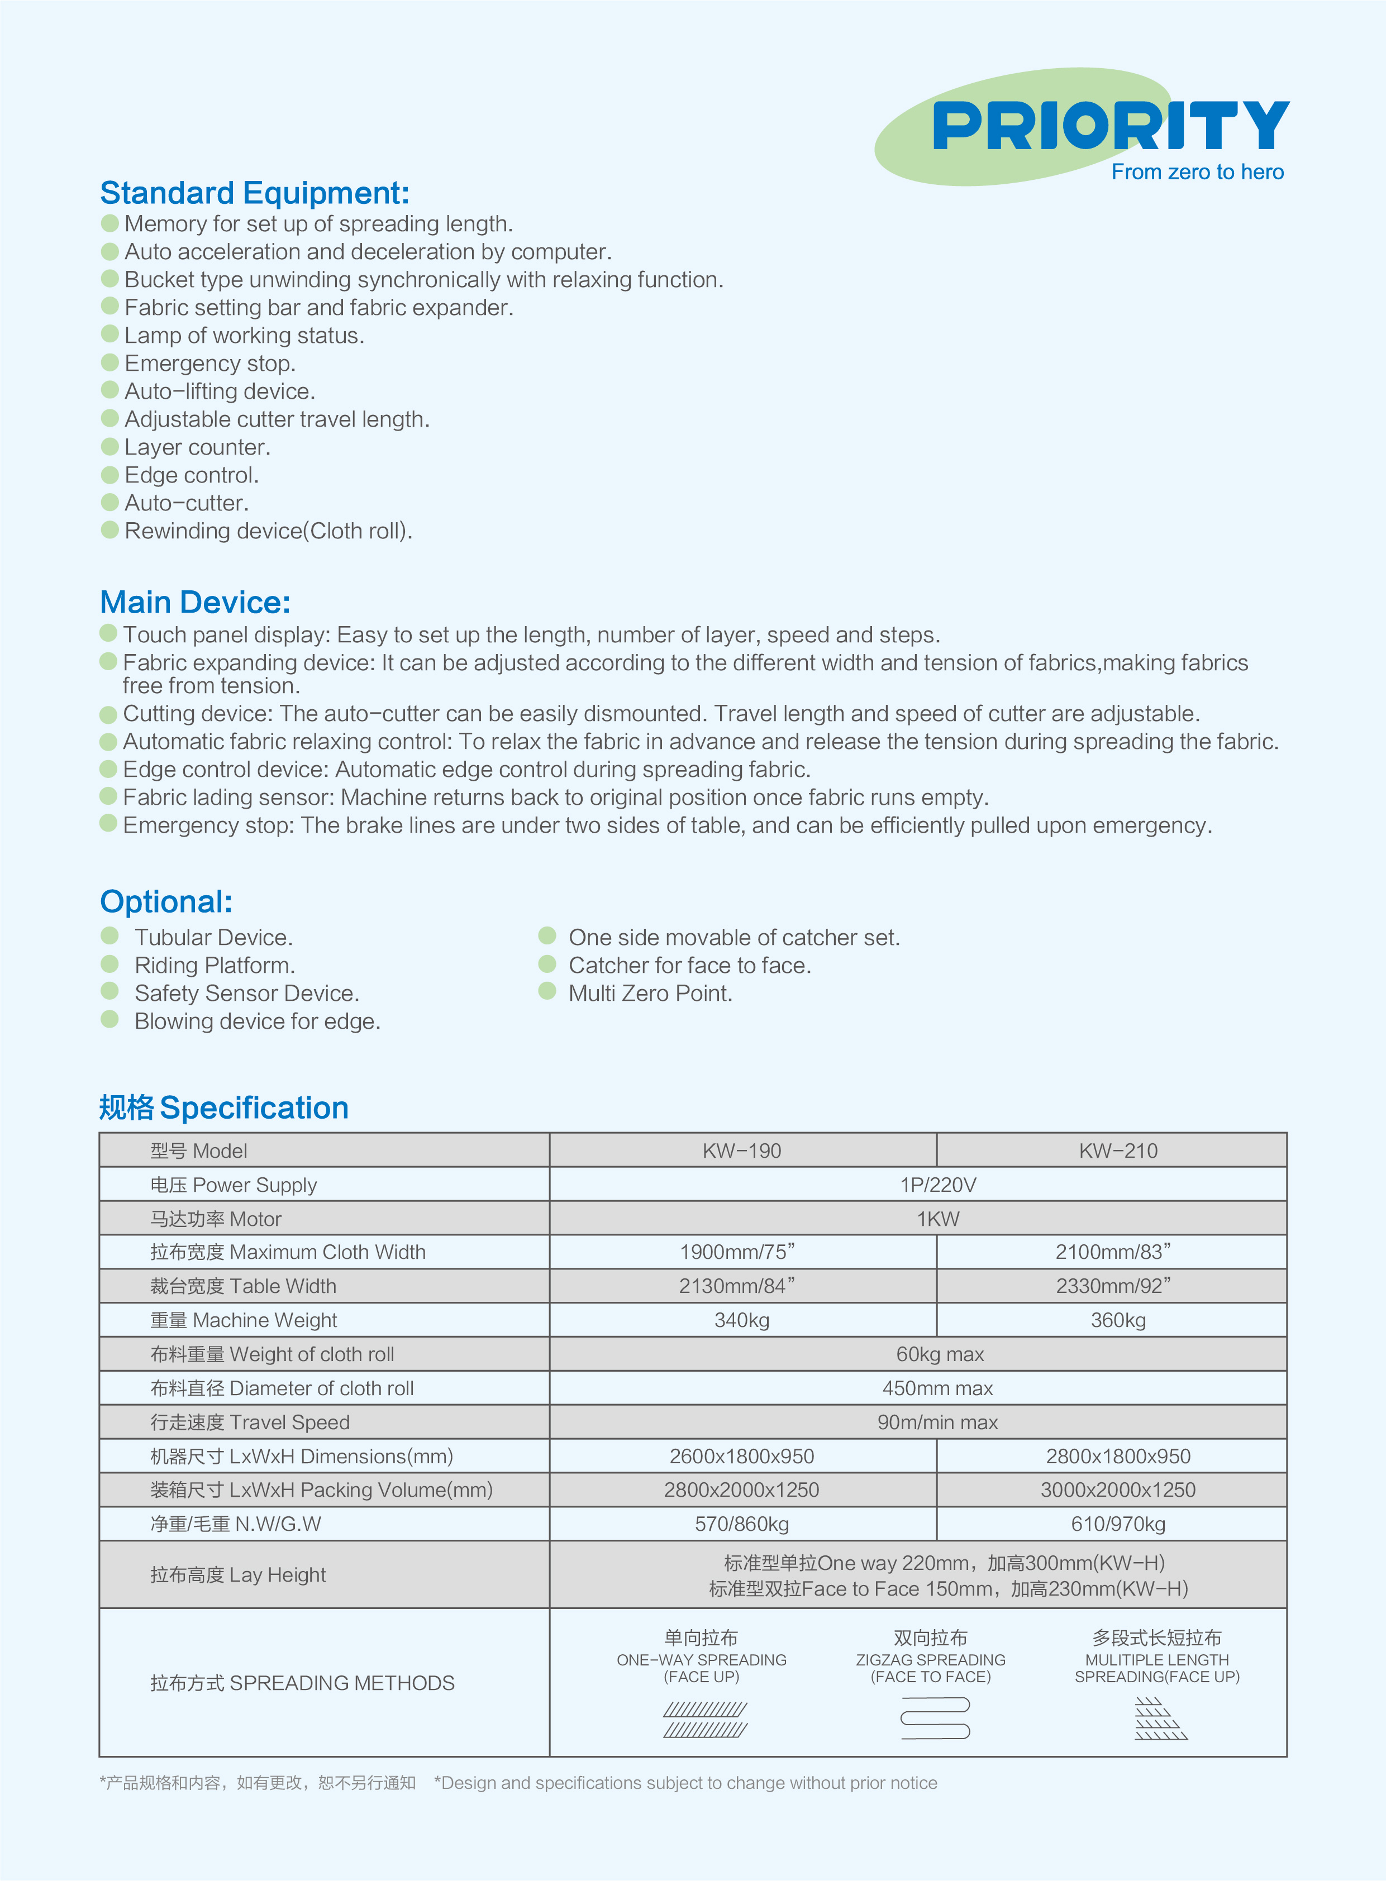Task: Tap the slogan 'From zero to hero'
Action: pyautogui.click(x=1197, y=172)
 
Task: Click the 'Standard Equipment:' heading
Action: pyautogui.click(x=254, y=193)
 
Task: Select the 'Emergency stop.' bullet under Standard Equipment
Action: pyautogui.click(x=209, y=363)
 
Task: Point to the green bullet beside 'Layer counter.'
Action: pyautogui.click(x=110, y=446)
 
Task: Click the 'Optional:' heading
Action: pyautogui.click(x=166, y=901)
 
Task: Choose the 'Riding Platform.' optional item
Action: pyautogui.click(x=215, y=965)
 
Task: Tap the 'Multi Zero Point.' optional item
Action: pyautogui.click(x=650, y=993)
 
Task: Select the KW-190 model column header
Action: pyautogui.click(x=742, y=1150)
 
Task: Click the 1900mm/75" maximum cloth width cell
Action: pyautogui.click(x=737, y=1252)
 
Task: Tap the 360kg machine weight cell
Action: pyautogui.click(x=1117, y=1320)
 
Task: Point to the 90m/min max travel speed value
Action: pyautogui.click(x=938, y=1422)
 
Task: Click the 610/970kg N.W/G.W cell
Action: pyautogui.click(x=1117, y=1524)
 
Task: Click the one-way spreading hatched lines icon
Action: pyautogui.click(x=705, y=1719)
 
